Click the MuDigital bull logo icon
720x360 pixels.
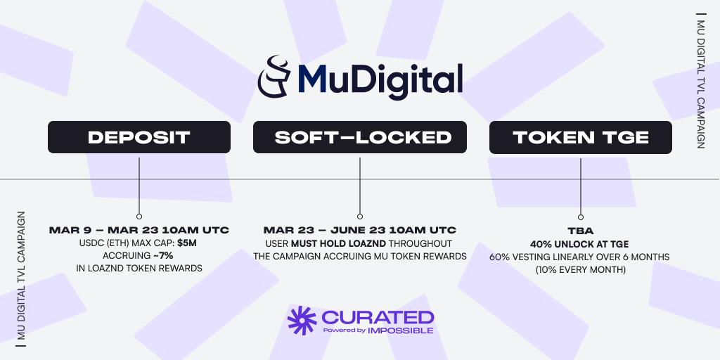tap(274, 77)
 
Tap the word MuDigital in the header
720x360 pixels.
tap(380, 79)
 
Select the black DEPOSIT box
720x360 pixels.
tap(139, 137)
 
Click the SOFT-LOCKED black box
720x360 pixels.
tap(360, 137)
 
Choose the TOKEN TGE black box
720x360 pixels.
tap(580, 137)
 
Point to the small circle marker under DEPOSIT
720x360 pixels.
tap(139, 217)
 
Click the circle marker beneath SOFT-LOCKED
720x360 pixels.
tap(360, 217)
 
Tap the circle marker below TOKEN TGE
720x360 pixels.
tap(581, 217)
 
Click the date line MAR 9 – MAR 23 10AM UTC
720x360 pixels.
tap(139, 230)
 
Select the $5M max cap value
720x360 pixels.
tap(187, 243)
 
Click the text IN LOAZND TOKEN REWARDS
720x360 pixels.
tap(139, 268)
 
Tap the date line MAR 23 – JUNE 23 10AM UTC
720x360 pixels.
tap(360, 230)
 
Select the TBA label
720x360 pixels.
tap(580, 231)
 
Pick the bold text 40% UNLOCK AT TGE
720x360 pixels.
tap(579, 244)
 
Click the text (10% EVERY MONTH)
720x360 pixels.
tap(580, 270)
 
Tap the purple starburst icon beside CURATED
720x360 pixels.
tap(302, 320)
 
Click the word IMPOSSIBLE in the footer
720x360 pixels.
tap(400, 330)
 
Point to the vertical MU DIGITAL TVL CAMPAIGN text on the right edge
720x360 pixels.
tap(701, 81)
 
